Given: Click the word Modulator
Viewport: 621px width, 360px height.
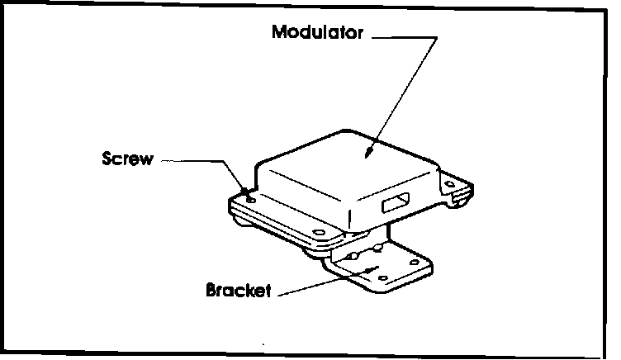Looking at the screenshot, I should click(x=317, y=34).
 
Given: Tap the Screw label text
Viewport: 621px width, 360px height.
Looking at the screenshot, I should click(x=127, y=159).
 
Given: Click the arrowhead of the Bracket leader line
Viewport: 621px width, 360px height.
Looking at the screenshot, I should click(x=382, y=268).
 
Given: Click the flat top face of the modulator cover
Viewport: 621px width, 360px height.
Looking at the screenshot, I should click(x=347, y=173).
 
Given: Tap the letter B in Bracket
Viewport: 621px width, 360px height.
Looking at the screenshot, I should click(x=210, y=291).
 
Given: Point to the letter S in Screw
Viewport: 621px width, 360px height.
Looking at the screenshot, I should click(x=107, y=159).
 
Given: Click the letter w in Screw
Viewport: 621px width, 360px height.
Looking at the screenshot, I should click(x=147, y=159).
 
